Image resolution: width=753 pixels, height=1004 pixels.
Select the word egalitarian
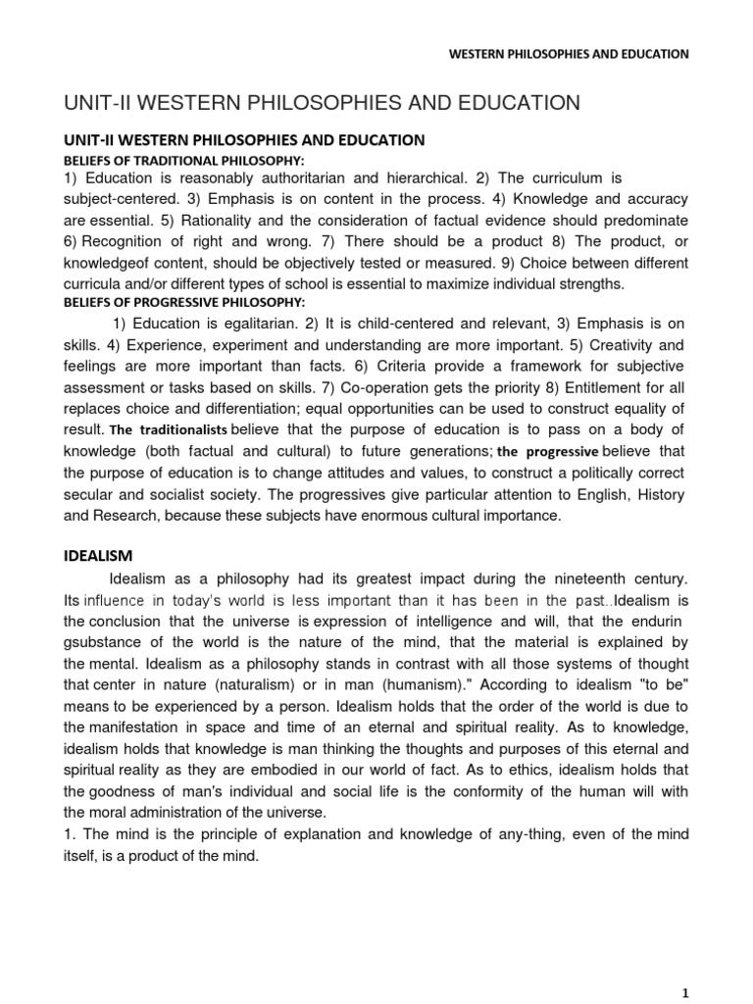(x=245, y=324)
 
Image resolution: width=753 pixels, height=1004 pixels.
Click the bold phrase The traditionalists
(x=169, y=430)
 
